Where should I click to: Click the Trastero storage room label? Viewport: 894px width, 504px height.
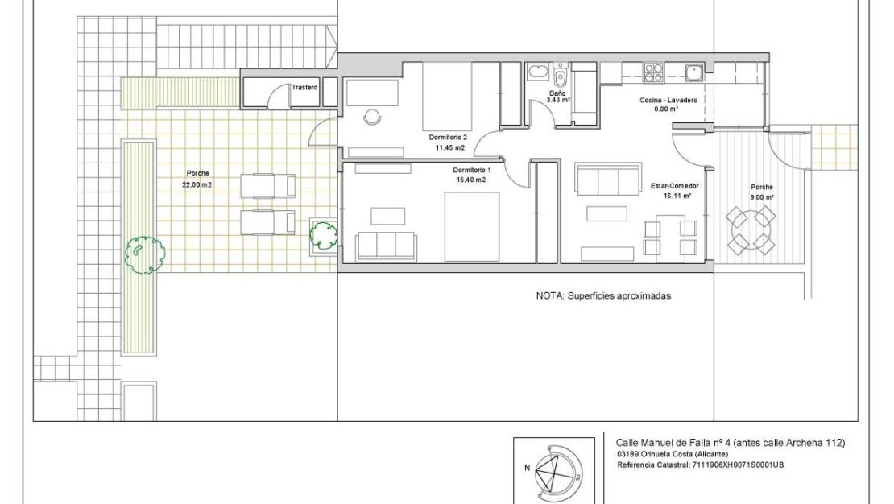click(304, 87)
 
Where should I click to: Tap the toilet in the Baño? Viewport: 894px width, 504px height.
click(561, 78)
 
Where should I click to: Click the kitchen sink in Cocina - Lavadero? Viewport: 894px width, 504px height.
click(693, 73)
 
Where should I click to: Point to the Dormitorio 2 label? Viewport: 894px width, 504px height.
click(447, 138)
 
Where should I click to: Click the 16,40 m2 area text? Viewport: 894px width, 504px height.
click(471, 180)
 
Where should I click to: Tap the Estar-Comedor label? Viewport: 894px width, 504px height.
click(674, 186)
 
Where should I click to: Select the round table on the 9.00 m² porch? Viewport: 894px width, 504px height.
click(751, 229)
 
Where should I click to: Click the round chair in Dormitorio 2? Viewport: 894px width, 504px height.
click(372, 117)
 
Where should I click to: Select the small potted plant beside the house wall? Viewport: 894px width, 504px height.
click(324, 234)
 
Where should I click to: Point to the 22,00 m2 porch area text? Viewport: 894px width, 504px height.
click(197, 184)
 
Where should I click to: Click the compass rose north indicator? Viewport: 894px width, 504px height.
click(526, 467)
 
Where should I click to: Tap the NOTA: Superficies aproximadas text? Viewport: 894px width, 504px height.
click(603, 295)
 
